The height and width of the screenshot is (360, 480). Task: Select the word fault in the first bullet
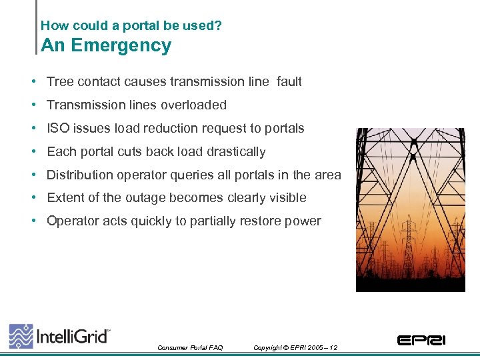pyautogui.click(x=289, y=82)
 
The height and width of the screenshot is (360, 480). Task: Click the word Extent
pyautogui.click(x=64, y=197)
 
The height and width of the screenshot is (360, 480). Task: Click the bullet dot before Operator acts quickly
pyautogui.click(x=33, y=221)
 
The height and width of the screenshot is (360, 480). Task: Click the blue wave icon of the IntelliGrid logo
pyautogui.click(x=21, y=335)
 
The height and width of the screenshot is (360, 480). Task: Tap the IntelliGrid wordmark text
pyautogui.click(x=72, y=336)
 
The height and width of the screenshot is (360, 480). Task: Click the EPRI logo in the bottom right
pyautogui.click(x=421, y=340)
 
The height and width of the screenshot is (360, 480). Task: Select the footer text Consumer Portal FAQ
pyautogui.click(x=190, y=348)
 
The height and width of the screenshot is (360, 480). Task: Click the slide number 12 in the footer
pyautogui.click(x=333, y=348)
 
